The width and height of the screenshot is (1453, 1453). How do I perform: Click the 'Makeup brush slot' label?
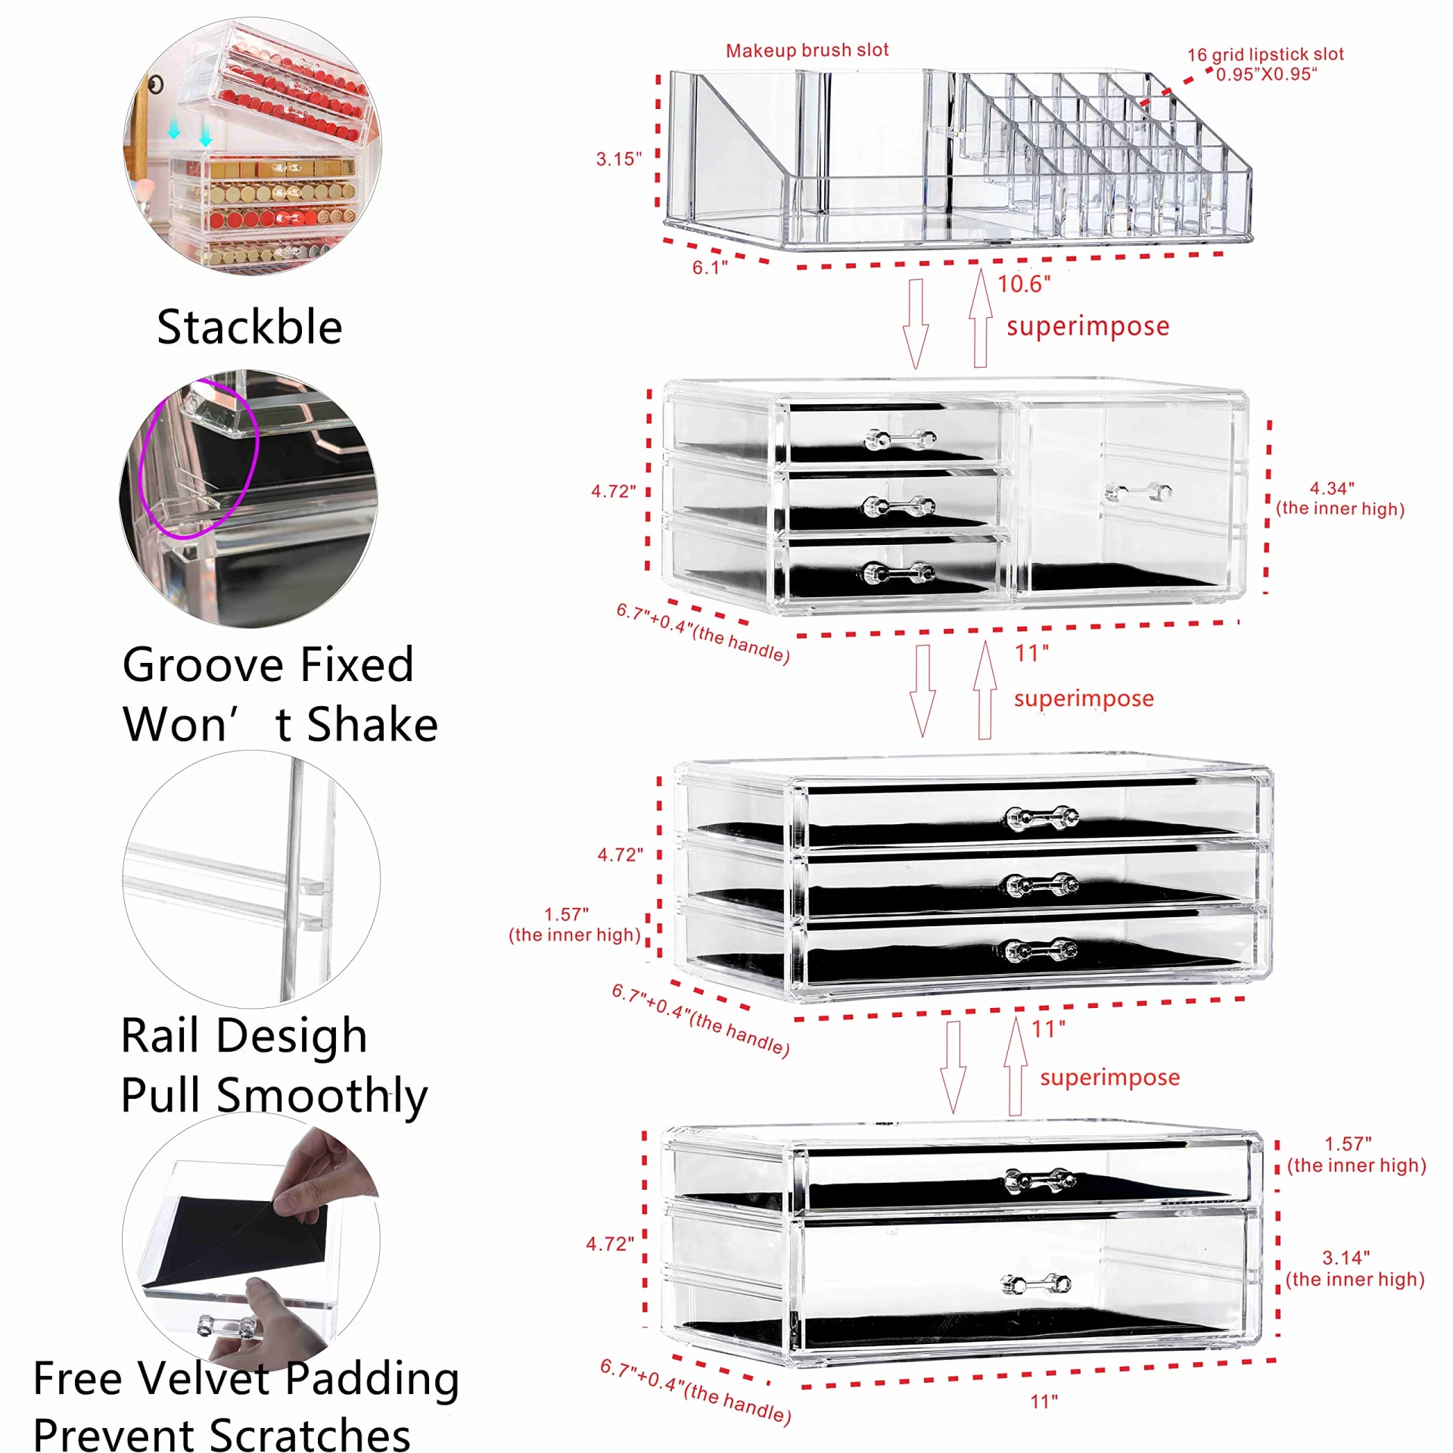807,51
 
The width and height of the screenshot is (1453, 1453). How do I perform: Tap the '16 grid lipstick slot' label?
1265,54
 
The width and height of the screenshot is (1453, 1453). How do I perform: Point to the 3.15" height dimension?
618,159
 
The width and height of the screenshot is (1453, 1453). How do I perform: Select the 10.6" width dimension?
1023,285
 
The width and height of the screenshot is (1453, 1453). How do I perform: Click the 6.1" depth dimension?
709,267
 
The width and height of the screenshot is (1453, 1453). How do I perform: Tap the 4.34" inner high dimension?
1332,489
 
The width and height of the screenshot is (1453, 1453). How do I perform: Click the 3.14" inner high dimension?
1346,1258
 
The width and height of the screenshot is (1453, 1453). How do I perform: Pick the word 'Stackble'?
249,327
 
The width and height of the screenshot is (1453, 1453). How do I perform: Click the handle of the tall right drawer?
1138,493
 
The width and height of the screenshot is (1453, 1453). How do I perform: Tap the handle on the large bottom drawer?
1035,1283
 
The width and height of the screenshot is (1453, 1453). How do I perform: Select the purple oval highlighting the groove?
199,458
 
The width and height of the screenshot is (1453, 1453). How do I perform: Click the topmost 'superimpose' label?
1087,326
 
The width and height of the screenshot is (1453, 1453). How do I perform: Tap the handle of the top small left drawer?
900,439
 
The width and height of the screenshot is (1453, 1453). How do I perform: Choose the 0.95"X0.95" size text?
1266,74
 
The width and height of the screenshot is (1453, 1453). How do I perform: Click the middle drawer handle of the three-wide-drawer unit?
1042,884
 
